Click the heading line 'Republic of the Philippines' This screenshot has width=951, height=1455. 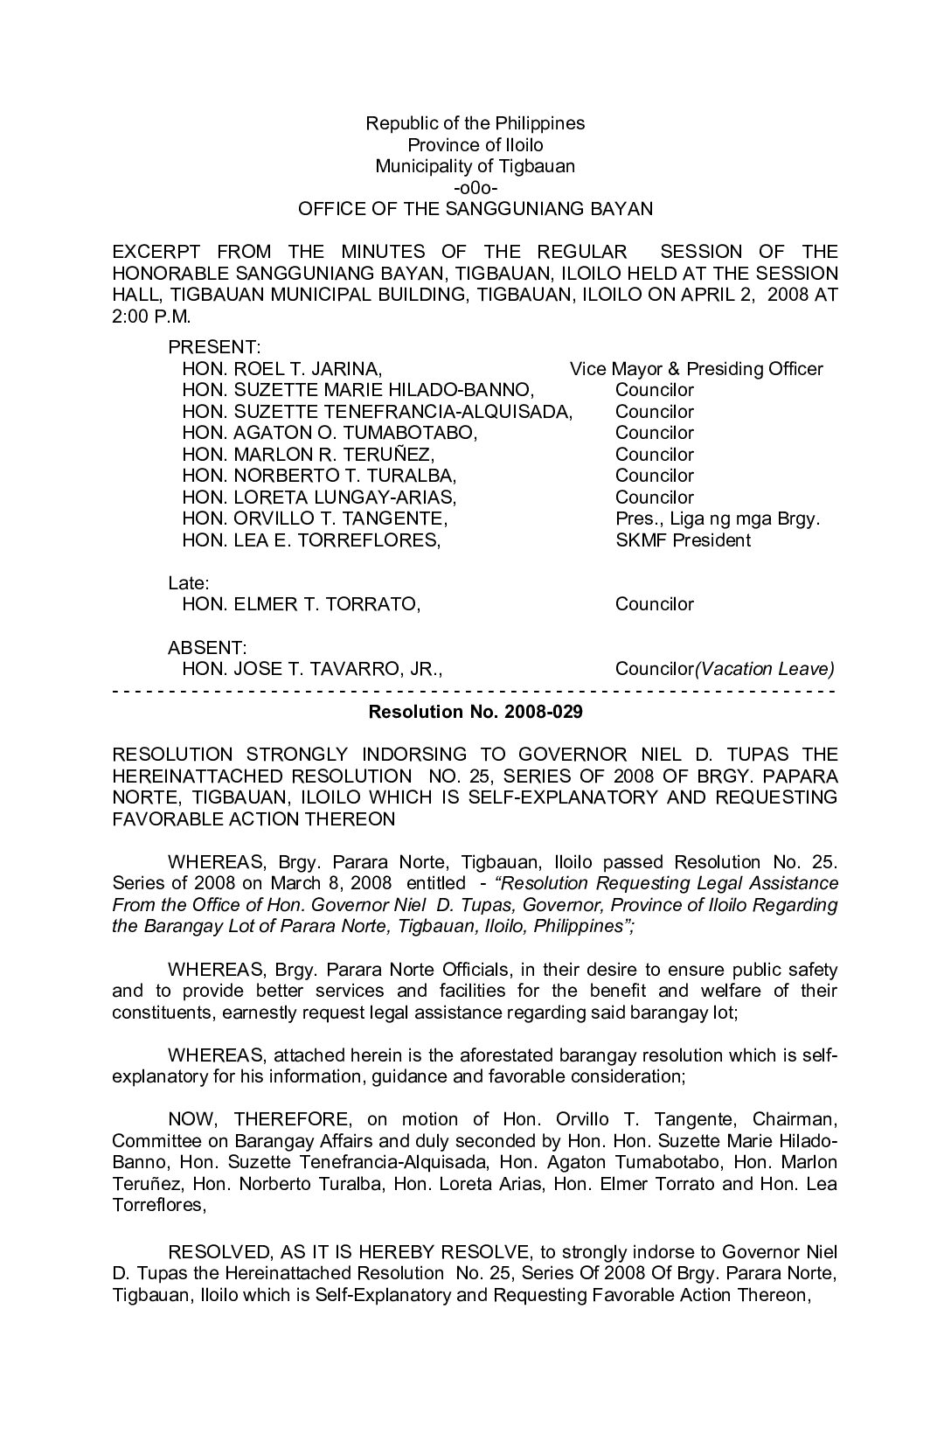coord(475,123)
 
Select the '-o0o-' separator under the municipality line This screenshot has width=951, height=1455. coord(475,188)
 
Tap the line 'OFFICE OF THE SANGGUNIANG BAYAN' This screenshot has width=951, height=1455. coord(475,209)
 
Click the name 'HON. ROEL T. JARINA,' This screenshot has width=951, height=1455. coord(281,369)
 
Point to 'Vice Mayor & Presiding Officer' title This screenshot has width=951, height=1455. coord(696,369)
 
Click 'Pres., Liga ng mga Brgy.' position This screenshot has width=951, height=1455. coord(717,519)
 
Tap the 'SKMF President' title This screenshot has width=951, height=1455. coord(683,540)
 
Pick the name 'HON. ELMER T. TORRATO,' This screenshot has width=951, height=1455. coord(301,604)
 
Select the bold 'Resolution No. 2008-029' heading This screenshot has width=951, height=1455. coord(475,712)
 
